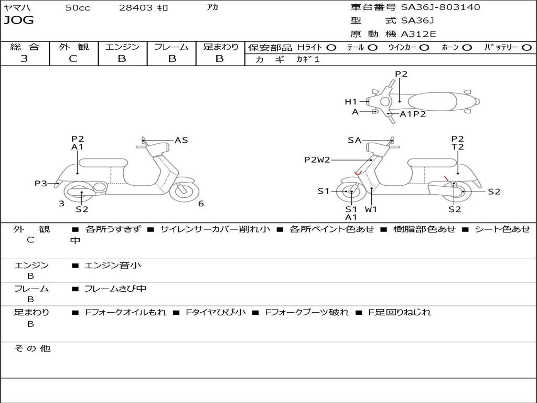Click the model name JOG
[18, 20]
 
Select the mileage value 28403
[136, 8]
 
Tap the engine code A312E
[418, 35]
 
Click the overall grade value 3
[24, 59]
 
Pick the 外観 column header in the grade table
[73, 47]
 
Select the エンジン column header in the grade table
[122, 47]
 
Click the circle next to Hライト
[331, 47]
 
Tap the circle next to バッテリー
[527, 47]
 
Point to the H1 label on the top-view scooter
[350, 102]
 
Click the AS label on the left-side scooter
[181, 140]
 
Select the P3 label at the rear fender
[41, 184]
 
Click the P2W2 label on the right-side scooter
[317, 160]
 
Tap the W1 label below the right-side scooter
[371, 209]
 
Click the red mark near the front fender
[358, 173]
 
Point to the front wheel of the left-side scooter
[184, 190]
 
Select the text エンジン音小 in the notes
[113, 266]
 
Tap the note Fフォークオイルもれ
[125, 312]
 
